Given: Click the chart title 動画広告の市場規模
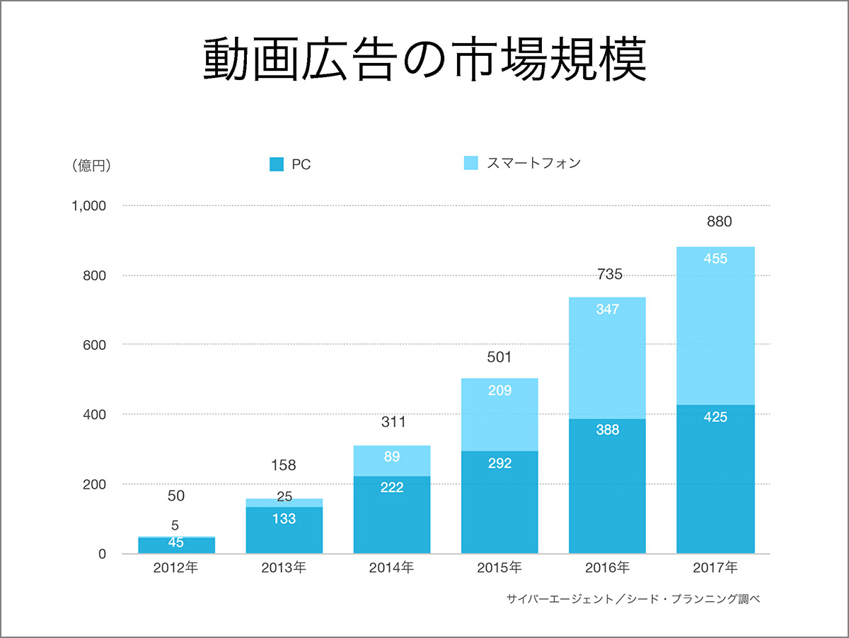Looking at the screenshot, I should point(424,60).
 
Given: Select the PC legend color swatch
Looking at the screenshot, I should point(277,164).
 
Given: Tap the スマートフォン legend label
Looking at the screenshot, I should point(533,163).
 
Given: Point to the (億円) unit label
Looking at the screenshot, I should point(91,166).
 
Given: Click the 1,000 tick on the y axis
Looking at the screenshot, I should point(88,206).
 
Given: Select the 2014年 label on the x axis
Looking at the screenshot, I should point(391,568).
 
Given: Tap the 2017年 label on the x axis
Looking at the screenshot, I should point(715,568).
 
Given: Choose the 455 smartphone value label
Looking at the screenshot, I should point(715,258).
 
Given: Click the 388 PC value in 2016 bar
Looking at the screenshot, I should point(607,430).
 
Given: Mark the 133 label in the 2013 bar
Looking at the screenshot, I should point(284,519).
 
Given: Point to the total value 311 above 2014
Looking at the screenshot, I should point(393,423).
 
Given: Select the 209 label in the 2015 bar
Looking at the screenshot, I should point(499,390).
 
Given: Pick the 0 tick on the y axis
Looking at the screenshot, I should point(102,554).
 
